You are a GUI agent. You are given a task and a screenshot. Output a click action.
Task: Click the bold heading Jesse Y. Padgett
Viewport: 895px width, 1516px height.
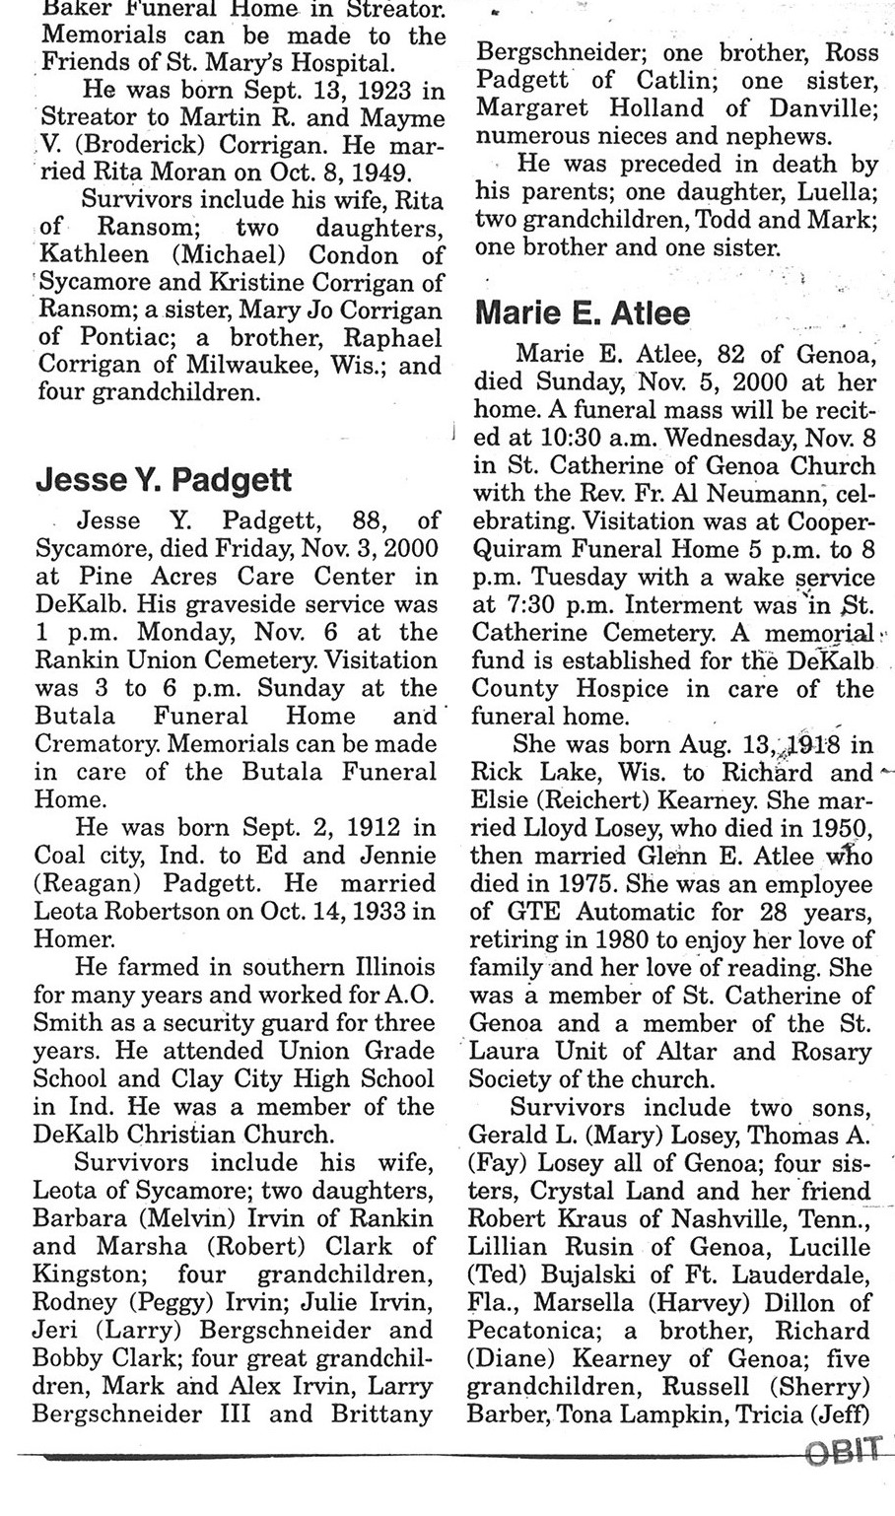(164, 480)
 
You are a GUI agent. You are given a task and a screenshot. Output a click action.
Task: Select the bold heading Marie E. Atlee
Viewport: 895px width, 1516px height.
(583, 313)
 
